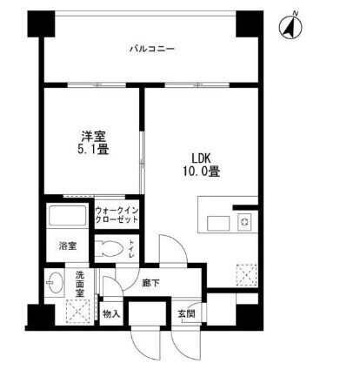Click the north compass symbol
290,26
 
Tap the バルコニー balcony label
152,49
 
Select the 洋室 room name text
93,137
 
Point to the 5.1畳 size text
93,150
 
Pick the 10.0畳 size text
201,172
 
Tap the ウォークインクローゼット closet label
117,215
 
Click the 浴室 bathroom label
68,246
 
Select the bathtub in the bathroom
67,215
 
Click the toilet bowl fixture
108,249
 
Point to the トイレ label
131,249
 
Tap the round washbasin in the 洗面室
55,282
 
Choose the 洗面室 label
79,284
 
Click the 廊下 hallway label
151,283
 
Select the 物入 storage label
111,313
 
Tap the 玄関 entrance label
187,313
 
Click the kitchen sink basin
218,223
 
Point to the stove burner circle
244,222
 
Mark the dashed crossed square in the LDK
247,275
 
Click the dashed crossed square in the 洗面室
79,311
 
